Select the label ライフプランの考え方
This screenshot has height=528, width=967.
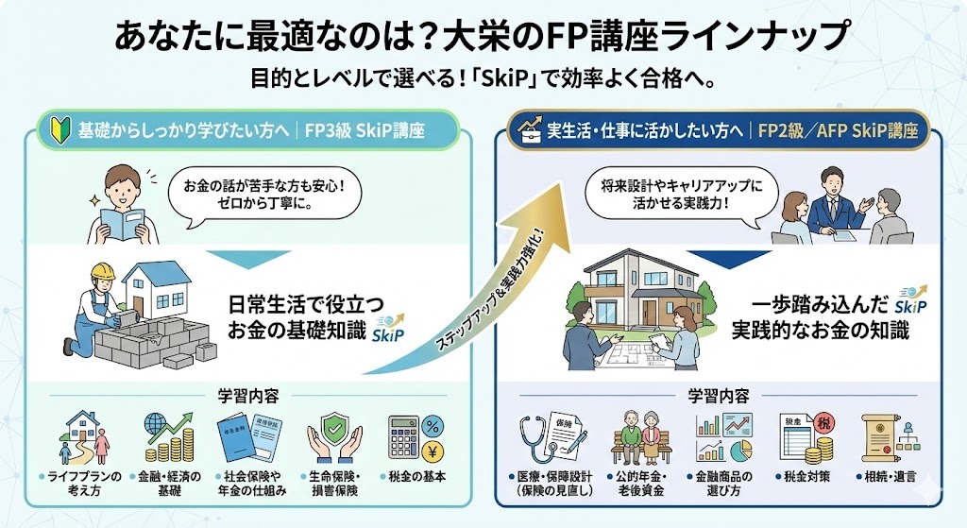pos(86,483)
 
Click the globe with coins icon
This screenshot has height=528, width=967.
pos(167,437)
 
